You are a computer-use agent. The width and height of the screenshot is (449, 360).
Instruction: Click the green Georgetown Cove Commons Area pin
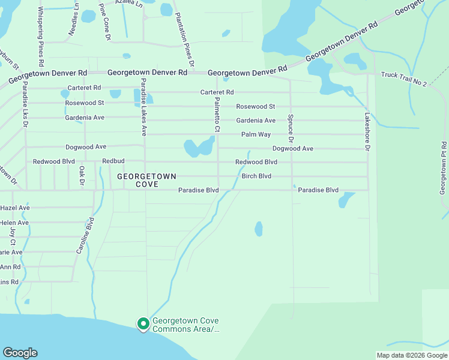(x=143, y=324)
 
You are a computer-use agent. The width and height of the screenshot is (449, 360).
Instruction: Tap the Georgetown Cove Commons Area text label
(x=185, y=325)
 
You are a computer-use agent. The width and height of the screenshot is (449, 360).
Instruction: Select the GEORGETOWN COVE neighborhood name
(x=146, y=180)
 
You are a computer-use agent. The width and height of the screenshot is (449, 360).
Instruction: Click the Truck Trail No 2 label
(x=403, y=79)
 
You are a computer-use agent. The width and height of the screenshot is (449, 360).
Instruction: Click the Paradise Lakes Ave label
(x=144, y=107)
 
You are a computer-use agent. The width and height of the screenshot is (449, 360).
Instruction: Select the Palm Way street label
(x=256, y=134)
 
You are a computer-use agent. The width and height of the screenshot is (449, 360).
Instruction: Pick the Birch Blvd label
(x=256, y=176)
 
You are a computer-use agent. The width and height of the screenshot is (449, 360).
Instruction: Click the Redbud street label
(x=113, y=161)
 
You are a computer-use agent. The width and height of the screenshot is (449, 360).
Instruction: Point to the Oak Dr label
(x=82, y=176)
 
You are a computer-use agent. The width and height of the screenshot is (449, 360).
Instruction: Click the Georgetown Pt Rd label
(x=444, y=168)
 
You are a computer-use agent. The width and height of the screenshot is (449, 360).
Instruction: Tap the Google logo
(x=19, y=353)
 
